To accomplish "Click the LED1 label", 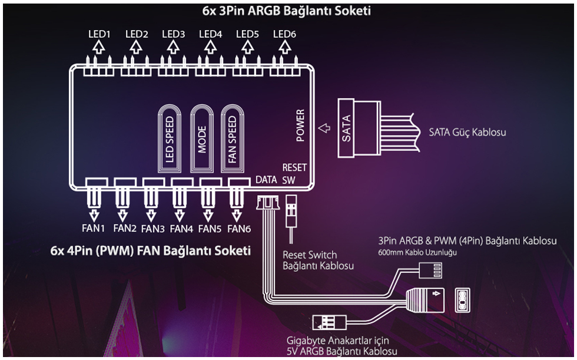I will pyautogui.click(x=100, y=34).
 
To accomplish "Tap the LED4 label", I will pyautogui.click(x=210, y=34).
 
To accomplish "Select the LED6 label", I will pyautogui.click(x=284, y=34).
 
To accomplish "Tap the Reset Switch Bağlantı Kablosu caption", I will pyautogui.click(x=310, y=260).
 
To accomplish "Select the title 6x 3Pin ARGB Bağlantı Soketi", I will pyautogui.click(x=287, y=11).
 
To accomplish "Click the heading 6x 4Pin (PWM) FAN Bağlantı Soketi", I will pyautogui.click(x=151, y=250).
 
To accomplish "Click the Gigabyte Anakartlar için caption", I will pyautogui.click(x=337, y=341).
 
